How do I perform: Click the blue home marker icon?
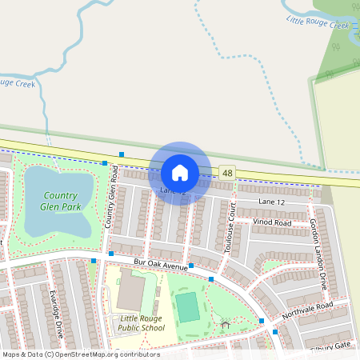click(180, 173)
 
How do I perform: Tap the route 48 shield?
click(229, 173)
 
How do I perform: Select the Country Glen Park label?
click(60, 201)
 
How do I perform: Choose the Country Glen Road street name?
click(112, 196)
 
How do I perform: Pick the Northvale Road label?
click(306, 306)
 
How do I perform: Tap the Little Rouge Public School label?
click(142, 322)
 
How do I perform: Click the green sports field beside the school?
click(187, 307)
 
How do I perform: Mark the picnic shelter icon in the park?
click(226, 325)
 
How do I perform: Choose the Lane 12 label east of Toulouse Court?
click(270, 203)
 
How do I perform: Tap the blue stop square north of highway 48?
click(122, 154)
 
